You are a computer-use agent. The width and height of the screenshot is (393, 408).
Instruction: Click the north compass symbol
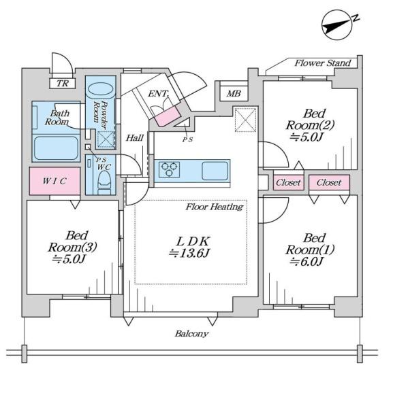point(338,25)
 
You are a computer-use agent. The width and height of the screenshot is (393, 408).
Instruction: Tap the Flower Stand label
point(323,63)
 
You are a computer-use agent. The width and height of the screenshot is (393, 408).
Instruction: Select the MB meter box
point(234,93)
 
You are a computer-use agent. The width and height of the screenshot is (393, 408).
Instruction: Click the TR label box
point(63,84)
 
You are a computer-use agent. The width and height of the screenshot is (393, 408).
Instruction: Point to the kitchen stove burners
point(170,169)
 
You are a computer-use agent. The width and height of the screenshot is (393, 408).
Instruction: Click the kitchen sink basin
point(215,171)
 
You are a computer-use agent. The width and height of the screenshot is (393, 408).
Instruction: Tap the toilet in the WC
point(104,182)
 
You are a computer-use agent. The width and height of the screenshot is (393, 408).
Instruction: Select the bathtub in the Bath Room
point(56,148)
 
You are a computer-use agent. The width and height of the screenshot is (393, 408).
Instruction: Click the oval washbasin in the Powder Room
point(101,89)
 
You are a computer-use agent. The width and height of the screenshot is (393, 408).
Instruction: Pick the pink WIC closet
point(54,181)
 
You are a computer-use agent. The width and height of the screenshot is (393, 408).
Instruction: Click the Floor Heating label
point(215,207)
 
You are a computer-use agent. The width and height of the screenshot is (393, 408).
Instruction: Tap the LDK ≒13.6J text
point(190,248)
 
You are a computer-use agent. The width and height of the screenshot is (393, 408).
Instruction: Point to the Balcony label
point(191,334)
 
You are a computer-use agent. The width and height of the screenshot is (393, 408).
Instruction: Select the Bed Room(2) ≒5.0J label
point(310,125)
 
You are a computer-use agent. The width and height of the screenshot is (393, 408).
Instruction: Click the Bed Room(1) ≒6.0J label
point(310,250)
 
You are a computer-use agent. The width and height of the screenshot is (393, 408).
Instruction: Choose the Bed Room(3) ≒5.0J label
point(72,248)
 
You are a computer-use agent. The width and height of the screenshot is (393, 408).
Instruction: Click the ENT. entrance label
point(159,94)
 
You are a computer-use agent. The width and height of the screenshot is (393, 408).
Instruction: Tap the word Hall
point(134,137)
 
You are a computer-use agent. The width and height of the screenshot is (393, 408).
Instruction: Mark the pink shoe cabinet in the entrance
point(168,116)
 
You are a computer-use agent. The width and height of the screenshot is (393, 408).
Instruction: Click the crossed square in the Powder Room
point(106,139)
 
